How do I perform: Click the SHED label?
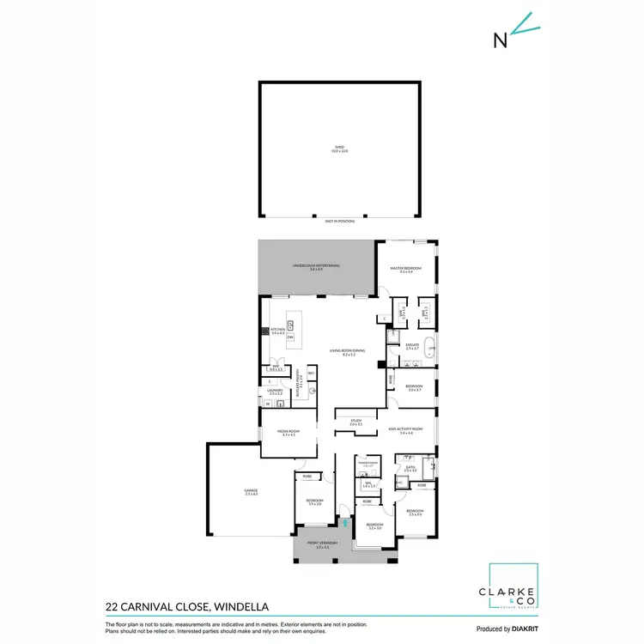(x=340, y=148)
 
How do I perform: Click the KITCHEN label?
(x=278, y=329)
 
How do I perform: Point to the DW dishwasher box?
(x=291, y=337)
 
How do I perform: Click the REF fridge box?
(x=311, y=374)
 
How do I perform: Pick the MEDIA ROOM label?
(x=288, y=432)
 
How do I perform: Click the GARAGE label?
(x=251, y=491)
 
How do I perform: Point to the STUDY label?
(x=355, y=422)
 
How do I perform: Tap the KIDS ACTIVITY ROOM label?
(x=406, y=428)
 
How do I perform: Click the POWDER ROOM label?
(x=368, y=463)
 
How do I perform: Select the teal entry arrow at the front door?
(x=345, y=522)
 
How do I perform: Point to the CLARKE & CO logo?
(x=513, y=587)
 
